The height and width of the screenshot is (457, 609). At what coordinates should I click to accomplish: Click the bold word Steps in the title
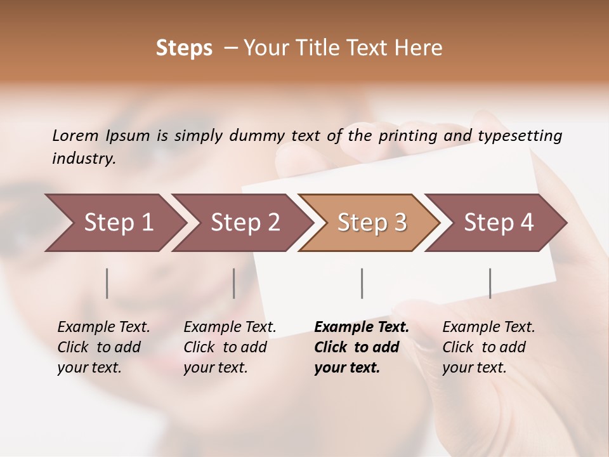[x=184, y=48]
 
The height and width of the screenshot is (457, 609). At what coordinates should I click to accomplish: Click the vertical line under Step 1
[x=107, y=283]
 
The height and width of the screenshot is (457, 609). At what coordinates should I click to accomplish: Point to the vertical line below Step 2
[x=234, y=283]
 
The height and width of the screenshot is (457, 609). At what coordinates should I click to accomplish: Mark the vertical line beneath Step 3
[x=362, y=283]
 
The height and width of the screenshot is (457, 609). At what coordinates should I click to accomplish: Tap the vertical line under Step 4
[x=490, y=283]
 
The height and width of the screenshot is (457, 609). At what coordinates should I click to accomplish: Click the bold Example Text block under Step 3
[x=361, y=347]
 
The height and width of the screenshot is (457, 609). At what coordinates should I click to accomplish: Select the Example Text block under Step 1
[x=103, y=347]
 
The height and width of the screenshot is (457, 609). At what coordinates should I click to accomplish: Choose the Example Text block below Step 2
[x=230, y=347]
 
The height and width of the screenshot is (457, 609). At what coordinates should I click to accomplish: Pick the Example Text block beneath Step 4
[x=488, y=347]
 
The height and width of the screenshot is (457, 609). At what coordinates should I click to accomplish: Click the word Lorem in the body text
[x=75, y=135]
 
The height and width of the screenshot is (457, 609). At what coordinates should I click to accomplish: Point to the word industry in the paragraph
[x=83, y=159]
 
